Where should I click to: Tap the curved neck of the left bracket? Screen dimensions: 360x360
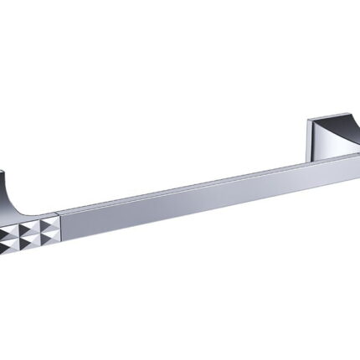(12, 191)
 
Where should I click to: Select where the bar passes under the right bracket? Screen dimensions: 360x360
(322, 159)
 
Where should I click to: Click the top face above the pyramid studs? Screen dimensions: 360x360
(33, 215)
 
